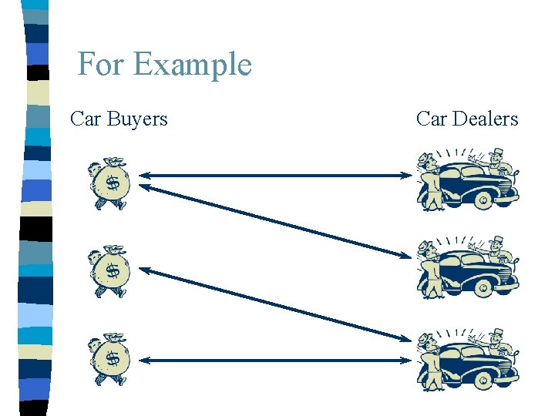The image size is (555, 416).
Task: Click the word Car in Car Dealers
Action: coord(432,119)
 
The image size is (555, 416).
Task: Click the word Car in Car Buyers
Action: coord(86,119)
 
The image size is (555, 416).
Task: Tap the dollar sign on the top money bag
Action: coord(113,184)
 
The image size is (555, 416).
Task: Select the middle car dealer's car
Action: coord(470,271)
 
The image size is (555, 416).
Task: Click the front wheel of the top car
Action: coord(483,202)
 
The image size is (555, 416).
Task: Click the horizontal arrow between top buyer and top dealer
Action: coord(276,176)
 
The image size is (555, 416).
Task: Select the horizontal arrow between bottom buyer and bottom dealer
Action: coord(276,360)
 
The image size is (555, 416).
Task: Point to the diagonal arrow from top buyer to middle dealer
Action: coord(276,219)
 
